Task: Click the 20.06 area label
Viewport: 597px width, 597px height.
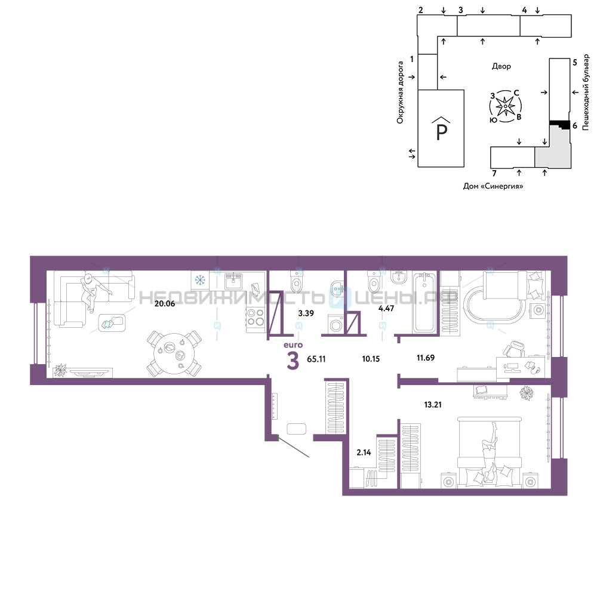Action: [x=165, y=304]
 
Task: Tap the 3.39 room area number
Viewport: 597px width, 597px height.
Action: [x=306, y=313]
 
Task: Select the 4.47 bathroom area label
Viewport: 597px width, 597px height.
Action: [x=386, y=309]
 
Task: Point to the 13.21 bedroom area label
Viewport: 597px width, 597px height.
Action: [x=433, y=405]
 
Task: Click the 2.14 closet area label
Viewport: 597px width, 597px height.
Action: [x=364, y=453]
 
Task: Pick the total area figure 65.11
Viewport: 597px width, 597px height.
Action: [x=316, y=359]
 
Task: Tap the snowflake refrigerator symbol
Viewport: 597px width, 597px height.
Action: [x=200, y=281]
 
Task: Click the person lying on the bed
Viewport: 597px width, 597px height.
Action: [x=490, y=453]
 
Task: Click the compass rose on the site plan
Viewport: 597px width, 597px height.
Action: [x=505, y=106]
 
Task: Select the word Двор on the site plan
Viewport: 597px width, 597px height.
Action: [x=501, y=66]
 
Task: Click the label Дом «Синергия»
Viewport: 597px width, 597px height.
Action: [x=493, y=186]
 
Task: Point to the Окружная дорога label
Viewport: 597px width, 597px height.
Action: [x=400, y=93]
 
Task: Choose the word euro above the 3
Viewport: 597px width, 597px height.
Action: [x=293, y=345]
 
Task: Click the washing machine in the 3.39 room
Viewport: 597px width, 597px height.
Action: [x=336, y=325]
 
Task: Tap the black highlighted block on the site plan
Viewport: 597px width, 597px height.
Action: [x=559, y=124]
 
